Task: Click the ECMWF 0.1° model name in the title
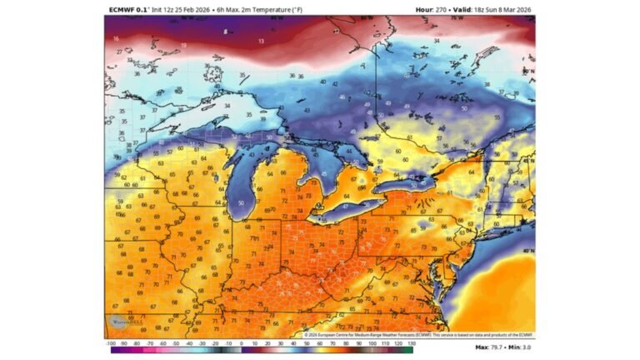click(127, 10)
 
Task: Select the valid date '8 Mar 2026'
click(512, 10)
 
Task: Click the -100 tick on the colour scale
click(110, 343)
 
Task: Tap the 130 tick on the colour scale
click(409, 343)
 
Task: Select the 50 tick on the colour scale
click(306, 343)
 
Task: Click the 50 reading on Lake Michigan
click(242, 202)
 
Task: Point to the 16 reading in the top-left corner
click(116, 38)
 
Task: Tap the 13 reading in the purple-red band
click(261, 40)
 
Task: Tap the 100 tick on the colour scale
click(371, 343)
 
